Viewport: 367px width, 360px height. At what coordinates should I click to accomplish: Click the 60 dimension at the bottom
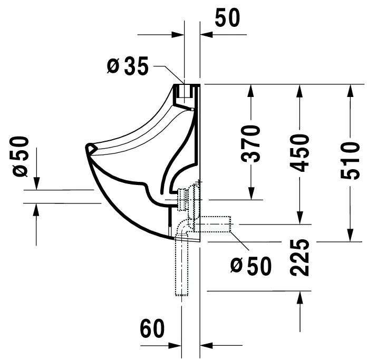coord(152,329)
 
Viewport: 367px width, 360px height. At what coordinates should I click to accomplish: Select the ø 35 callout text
coord(128,66)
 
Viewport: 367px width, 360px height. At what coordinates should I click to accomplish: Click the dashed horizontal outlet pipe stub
coord(216,224)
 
